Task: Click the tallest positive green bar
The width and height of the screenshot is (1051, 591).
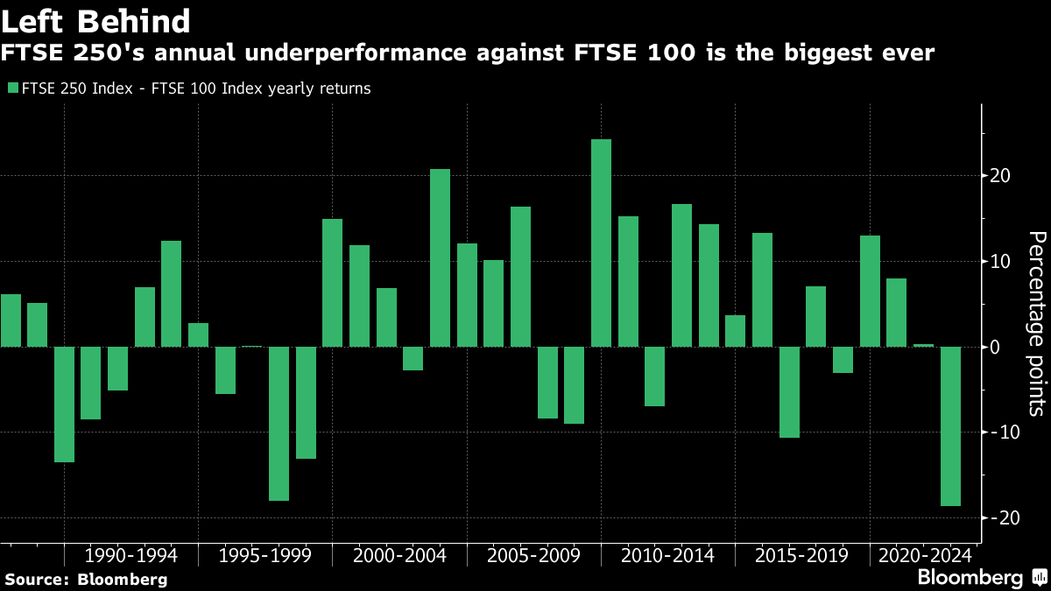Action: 601,243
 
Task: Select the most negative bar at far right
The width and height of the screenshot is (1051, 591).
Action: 950,426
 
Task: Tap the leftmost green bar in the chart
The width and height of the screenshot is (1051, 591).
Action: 11,320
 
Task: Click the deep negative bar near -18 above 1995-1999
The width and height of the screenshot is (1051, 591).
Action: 279,423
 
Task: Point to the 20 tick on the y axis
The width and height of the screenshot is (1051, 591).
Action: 1000,176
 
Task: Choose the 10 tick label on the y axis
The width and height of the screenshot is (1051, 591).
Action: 1000,262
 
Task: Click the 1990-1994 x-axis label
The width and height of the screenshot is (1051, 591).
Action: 131,556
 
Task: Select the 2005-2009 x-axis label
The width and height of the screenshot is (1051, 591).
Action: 533,556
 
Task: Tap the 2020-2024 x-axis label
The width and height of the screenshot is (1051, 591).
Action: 925,556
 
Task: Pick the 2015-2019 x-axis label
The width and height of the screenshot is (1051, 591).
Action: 801,556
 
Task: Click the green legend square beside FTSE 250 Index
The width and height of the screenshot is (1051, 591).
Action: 11,88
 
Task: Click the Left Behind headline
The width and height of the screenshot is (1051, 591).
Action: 96,21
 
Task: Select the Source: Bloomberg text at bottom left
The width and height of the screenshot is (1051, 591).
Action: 86,579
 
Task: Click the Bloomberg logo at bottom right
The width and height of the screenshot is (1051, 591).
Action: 979,578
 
